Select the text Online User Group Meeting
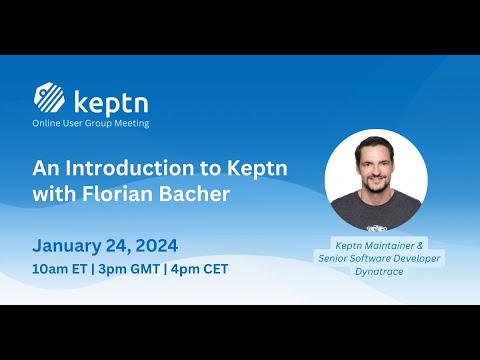coord(91,123)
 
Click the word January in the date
coord(70,245)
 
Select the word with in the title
coord(55,193)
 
